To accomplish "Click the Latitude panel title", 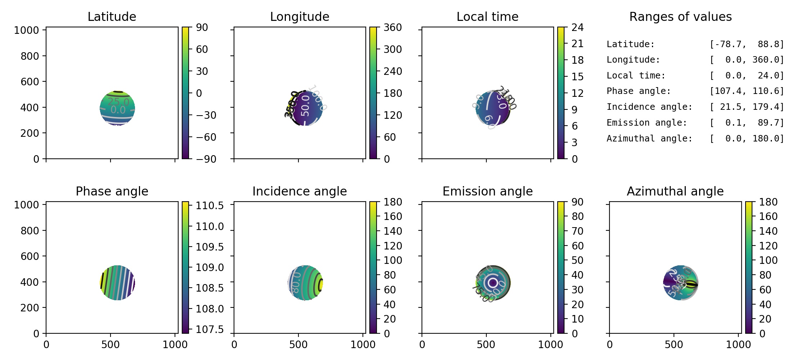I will (x=112, y=17).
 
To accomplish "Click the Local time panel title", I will (x=487, y=17).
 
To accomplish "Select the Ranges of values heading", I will (x=680, y=17).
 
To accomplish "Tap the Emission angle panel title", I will (x=487, y=191).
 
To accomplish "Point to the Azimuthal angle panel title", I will (x=675, y=191).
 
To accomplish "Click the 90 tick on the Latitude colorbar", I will (x=202, y=27).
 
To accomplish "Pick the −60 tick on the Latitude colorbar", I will (x=206, y=137).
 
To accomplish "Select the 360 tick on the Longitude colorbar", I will (x=392, y=27).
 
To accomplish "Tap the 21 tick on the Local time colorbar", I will (x=577, y=44).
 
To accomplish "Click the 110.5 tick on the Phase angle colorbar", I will (x=210, y=206).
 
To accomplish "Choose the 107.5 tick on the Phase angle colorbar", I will (x=210, y=329).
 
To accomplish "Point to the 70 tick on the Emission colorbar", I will (x=577, y=231).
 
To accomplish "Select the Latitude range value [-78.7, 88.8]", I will (x=746, y=44).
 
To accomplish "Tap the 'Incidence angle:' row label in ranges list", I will (x=649, y=107).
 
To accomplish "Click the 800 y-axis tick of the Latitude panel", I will (x=30, y=56).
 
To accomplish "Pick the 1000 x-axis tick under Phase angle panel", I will (x=175, y=345).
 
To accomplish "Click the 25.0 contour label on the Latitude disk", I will (x=118, y=102).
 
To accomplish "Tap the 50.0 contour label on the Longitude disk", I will (x=305, y=106).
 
